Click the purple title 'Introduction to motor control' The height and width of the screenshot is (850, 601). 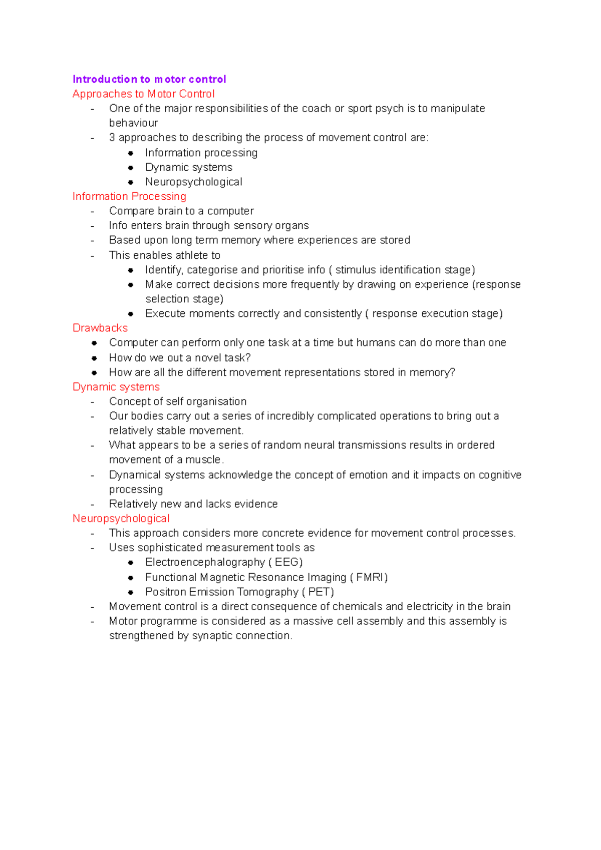click(149, 79)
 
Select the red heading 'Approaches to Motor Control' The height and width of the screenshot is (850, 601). click(143, 94)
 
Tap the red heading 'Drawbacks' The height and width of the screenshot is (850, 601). click(100, 328)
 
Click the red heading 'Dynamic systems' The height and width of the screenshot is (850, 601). click(116, 387)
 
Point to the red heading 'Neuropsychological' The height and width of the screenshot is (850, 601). click(121, 519)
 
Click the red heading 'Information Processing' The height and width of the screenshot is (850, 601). click(129, 196)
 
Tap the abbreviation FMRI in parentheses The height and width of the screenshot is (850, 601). click(371, 577)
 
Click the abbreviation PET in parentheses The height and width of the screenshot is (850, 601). click(319, 592)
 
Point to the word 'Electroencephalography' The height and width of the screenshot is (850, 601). click(205, 562)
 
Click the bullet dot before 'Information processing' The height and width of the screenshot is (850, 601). click(131, 153)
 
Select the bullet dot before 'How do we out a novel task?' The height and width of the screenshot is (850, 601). click(94, 358)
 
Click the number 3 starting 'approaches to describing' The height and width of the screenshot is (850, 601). click(112, 138)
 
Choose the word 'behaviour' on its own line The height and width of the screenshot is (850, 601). click(133, 123)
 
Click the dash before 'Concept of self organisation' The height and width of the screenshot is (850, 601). click(93, 402)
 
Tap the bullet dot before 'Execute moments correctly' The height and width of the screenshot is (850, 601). click(131, 314)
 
